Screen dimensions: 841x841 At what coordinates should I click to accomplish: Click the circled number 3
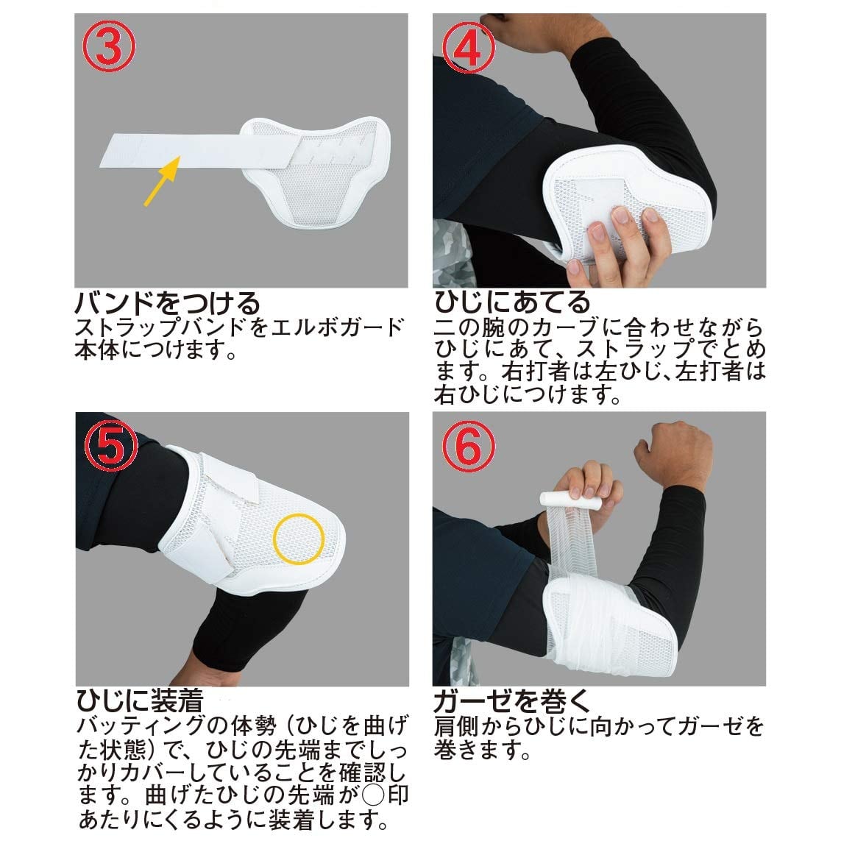[109, 47]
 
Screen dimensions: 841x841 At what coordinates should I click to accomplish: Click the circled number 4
[468, 47]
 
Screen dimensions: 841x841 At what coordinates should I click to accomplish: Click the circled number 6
[468, 446]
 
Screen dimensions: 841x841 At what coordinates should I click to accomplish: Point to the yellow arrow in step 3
[161, 181]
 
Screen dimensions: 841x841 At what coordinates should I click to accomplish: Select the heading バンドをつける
[167, 304]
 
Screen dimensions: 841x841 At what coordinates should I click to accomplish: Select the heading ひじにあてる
[512, 302]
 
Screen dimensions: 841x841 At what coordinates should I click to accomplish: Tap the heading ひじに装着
[140, 700]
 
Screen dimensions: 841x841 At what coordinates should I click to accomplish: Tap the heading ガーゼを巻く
[512, 700]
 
